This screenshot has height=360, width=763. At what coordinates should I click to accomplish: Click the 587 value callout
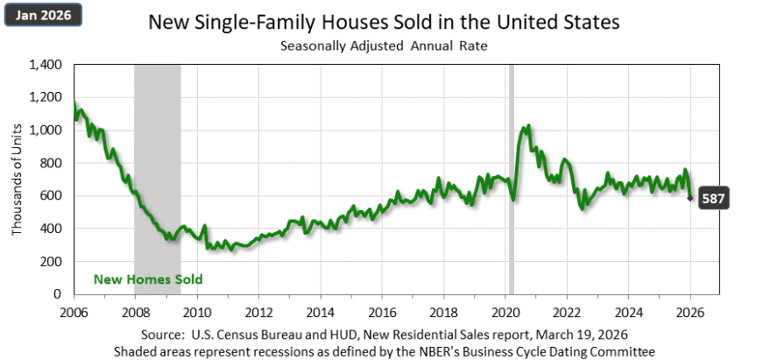[716, 199]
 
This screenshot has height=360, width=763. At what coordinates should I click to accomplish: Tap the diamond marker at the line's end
[691, 198]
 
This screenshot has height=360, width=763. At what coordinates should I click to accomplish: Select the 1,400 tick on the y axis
[46, 65]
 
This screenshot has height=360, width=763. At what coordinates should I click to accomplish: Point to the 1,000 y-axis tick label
[46, 131]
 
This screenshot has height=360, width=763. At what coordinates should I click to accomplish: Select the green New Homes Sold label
[148, 279]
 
